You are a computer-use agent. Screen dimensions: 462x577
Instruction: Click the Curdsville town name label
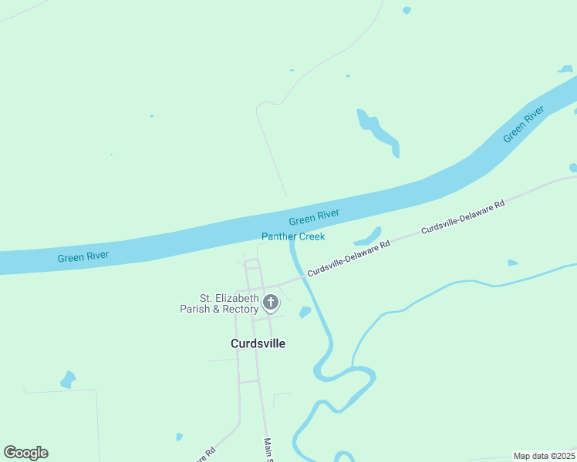pyautogui.click(x=258, y=343)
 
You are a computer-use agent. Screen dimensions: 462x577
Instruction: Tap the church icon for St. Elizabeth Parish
pyautogui.click(x=270, y=303)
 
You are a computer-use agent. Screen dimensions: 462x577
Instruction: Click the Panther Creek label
pyautogui.click(x=293, y=236)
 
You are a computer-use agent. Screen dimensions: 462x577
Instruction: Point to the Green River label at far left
pyautogui.click(x=83, y=256)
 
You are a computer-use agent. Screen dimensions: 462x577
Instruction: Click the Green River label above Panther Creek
pyautogui.click(x=314, y=217)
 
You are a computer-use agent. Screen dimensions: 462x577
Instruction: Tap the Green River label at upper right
pyautogui.click(x=524, y=124)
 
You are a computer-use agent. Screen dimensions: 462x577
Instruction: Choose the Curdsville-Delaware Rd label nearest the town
pyautogui.click(x=349, y=257)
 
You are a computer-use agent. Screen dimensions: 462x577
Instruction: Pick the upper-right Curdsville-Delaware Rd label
pyautogui.click(x=463, y=217)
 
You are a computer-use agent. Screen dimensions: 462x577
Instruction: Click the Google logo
pyautogui.click(x=25, y=453)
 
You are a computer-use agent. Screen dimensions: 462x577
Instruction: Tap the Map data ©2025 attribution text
pyautogui.click(x=544, y=456)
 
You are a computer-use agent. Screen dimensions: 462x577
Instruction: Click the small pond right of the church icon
pyautogui.click(x=305, y=312)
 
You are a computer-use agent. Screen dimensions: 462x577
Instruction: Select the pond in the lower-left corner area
pyautogui.click(x=68, y=380)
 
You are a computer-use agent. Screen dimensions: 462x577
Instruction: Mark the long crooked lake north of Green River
pyautogui.click(x=378, y=132)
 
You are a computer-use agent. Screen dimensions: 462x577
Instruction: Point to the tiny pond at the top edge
pyautogui.click(x=407, y=10)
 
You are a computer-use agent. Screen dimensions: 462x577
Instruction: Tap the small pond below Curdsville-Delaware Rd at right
pyautogui.click(x=512, y=263)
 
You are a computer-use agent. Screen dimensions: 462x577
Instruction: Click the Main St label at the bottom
pyautogui.click(x=268, y=449)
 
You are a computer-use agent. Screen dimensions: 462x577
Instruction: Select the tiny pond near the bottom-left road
pyautogui.click(x=179, y=437)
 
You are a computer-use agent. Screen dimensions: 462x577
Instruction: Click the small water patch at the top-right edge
pyautogui.click(x=567, y=69)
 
